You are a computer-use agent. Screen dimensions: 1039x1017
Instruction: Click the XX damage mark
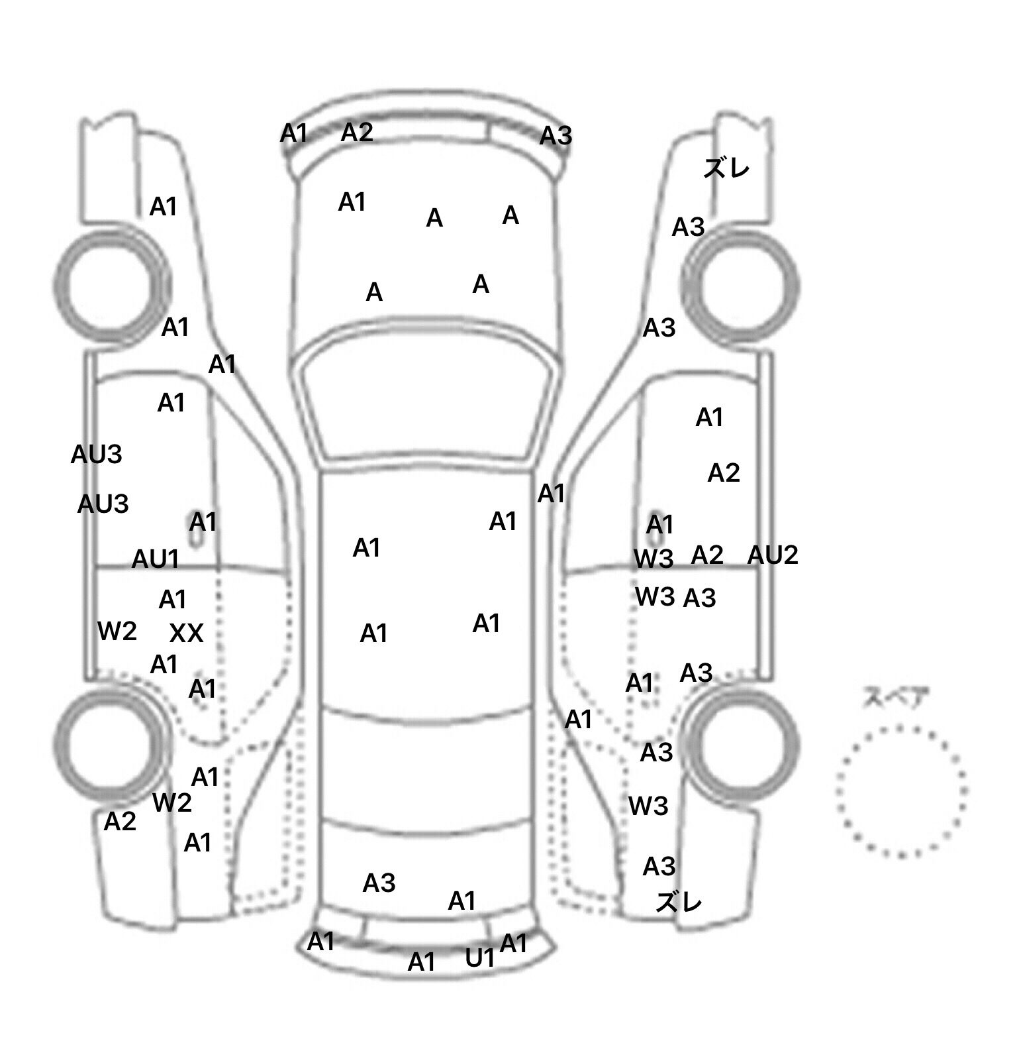point(186,634)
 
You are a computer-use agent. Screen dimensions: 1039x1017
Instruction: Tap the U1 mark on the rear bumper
point(480,957)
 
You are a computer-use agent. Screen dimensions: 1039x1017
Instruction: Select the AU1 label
point(156,559)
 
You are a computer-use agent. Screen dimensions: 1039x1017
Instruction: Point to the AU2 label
point(773,555)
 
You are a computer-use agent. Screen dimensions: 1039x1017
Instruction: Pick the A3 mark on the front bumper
point(556,136)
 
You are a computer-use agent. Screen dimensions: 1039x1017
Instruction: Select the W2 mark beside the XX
point(117,631)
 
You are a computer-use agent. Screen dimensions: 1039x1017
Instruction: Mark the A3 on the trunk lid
point(379,883)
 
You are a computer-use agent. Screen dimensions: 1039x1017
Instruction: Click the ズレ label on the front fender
point(726,168)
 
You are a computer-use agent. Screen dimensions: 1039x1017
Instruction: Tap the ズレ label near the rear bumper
point(679,902)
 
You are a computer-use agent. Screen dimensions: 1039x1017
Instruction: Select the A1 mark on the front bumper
point(294,133)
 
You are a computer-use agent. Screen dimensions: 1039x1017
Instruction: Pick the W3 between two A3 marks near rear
point(648,806)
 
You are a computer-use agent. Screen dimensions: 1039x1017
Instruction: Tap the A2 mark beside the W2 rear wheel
point(120,822)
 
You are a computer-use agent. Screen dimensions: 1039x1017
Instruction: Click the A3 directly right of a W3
point(700,598)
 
